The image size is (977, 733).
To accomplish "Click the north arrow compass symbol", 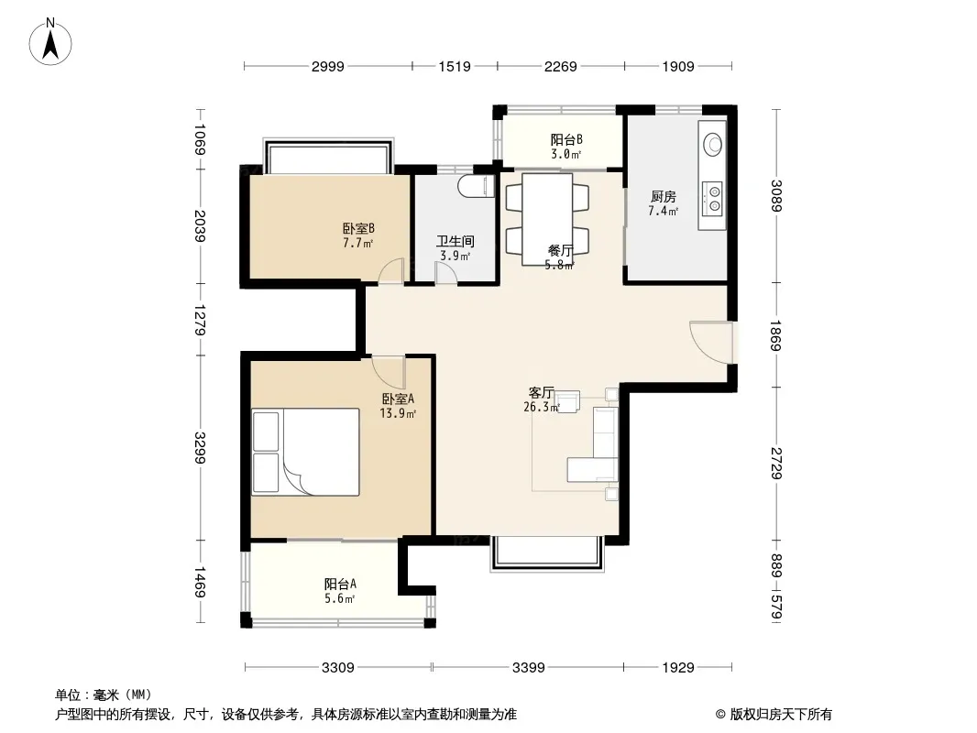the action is tap(50, 42).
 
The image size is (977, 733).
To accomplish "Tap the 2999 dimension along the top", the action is tap(328, 66).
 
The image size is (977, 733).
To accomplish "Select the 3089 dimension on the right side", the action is tap(775, 195).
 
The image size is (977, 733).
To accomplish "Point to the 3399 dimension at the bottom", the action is tap(529, 668).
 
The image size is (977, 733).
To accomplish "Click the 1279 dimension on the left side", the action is tap(200, 320).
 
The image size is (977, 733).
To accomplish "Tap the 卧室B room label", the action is tap(358, 228).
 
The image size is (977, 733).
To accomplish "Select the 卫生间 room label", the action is tap(456, 241).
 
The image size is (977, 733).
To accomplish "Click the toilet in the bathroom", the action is tap(476, 186).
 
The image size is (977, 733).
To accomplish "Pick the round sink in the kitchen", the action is tap(713, 145).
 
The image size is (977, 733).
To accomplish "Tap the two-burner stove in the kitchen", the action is tap(712, 198).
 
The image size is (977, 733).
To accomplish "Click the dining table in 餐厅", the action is tap(547, 220).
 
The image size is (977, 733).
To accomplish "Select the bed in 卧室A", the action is tap(306, 452).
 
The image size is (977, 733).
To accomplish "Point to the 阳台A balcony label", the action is tap(340, 585).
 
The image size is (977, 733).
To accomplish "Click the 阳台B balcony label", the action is tap(566, 139).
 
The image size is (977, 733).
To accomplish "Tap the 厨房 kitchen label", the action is tap(663, 197).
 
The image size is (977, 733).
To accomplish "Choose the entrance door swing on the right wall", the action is tap(711, 342).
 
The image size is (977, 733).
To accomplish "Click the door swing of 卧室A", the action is tap(389, 373).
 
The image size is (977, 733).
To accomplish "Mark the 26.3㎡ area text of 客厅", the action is tap(542, 408).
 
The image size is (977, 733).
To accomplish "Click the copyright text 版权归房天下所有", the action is tap(781, 715).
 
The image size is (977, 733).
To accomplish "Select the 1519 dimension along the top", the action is tap(455, 66).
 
